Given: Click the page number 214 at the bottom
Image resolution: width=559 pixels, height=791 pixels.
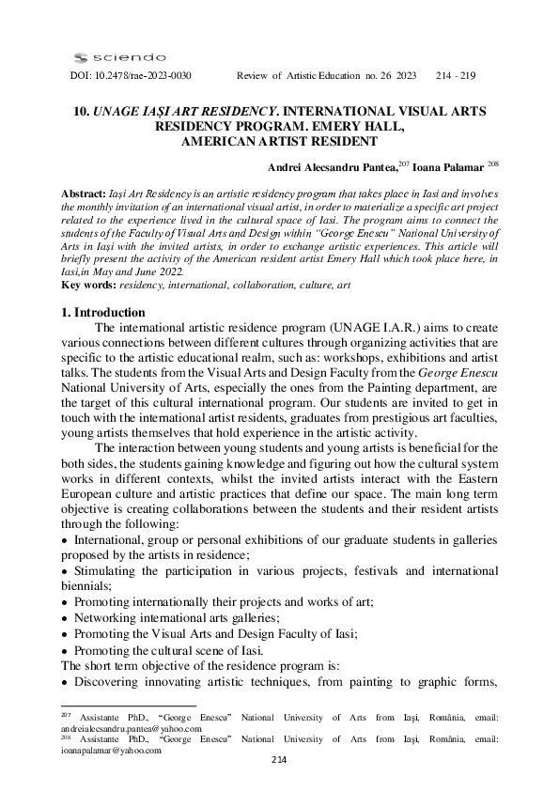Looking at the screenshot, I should point(279,759).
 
